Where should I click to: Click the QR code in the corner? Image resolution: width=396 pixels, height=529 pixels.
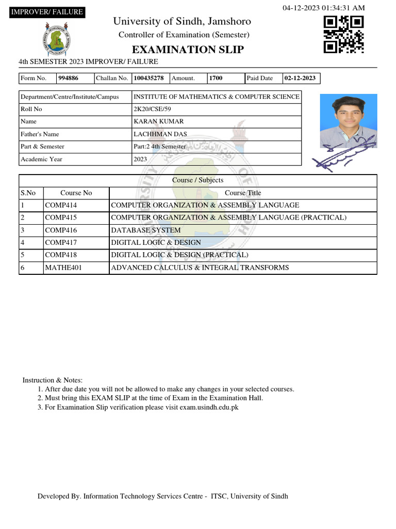[x=343, y=34]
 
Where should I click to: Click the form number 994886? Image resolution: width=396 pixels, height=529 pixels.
[x=69, y=79]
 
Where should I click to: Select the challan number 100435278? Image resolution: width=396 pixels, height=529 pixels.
[x=148, y=79]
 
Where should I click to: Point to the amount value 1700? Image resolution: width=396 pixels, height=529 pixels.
[x=216, y=79]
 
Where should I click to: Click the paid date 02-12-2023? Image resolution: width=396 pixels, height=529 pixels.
[x=300, y=79]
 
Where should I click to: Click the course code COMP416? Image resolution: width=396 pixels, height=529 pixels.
[x=61, y=230]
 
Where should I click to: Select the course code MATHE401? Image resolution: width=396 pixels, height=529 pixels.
[x=63, y=268]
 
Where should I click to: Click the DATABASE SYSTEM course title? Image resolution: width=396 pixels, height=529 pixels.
[x=146, y=230]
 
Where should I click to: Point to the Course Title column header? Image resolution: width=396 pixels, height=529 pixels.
[x=243, y=193]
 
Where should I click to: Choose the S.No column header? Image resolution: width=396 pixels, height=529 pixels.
[x=28, y=193]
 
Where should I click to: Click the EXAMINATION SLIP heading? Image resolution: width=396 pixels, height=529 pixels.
[x=188, y=50]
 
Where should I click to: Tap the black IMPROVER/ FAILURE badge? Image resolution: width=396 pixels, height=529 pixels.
[x=46, y=12]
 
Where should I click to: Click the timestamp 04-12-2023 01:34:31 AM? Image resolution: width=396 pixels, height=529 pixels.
[x=324, y=8]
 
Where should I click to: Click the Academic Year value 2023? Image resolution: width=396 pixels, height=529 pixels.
[x=141, y=159]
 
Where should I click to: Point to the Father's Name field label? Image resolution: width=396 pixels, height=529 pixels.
[x=40, y=134]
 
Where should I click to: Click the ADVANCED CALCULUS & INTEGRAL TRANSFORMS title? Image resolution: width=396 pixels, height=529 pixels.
[x=200, y=268]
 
